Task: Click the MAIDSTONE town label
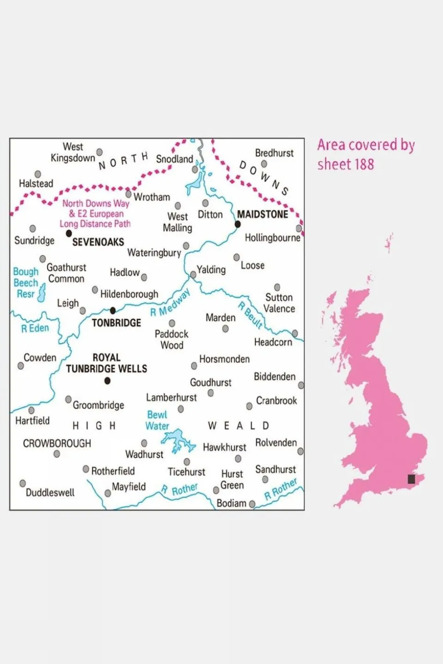click(262, 214)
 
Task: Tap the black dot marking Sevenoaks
click(69, 234)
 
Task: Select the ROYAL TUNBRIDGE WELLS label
click(106, 363)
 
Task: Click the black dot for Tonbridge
click(113, 311)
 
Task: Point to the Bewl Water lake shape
click(178, 441)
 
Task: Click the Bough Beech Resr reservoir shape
click(42, 293)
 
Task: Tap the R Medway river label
click(170, 304)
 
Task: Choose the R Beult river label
click(250, 315)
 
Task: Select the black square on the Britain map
click(411, 479)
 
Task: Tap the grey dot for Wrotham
click(129, 194)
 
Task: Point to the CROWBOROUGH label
click(57, 443)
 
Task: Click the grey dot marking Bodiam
click(252, 504)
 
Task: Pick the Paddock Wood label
click(171, 339)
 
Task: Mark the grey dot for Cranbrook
click(249, 406)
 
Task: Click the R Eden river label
click(35, 328)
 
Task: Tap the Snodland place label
click(174, 159)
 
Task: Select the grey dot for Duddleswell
click(23, 483)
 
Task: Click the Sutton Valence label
click(279, 303)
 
